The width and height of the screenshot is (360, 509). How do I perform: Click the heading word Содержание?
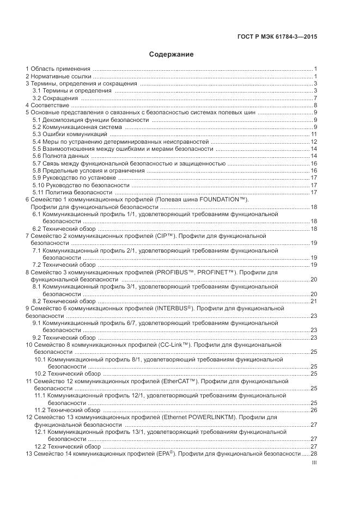click(x=172, y=54)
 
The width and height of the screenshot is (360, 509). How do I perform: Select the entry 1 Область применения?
click(x=58, y=69)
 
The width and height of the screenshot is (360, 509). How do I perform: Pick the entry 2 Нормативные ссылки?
click(x=59, y=76)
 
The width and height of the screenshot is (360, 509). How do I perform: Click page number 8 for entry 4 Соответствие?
click(x=315, y=105)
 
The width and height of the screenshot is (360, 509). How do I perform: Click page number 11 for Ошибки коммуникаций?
click(x=314, y=134)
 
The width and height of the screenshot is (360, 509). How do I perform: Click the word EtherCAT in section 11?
click(x=179, y=381)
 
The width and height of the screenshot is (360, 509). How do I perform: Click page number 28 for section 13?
click(x=314, y=453)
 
